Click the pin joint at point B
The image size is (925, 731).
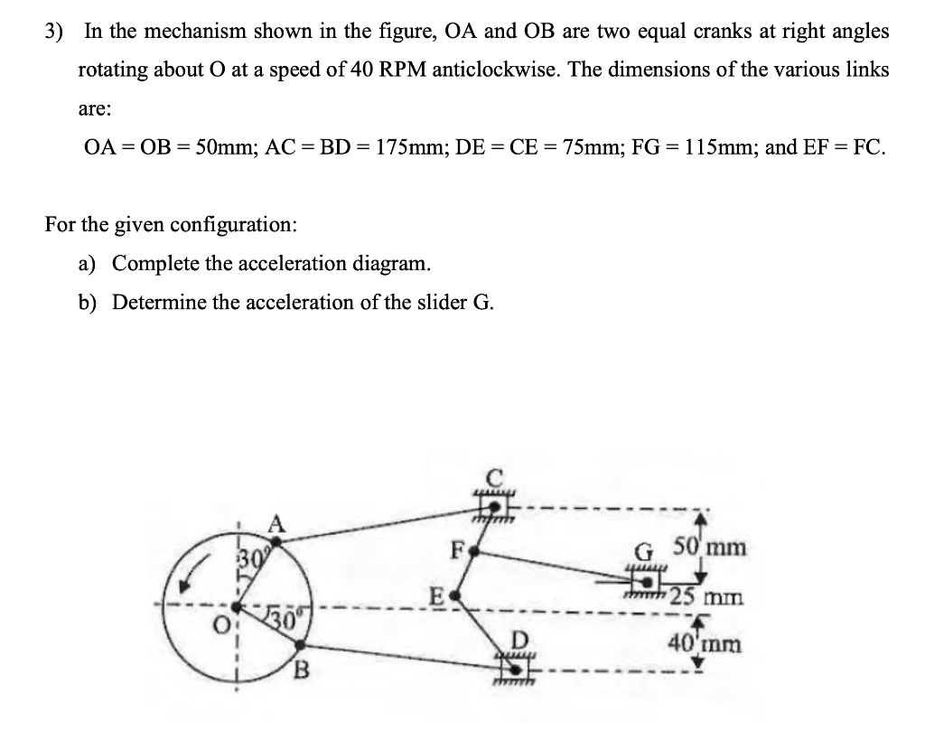coord(300,644)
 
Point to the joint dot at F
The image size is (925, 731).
coord(484,548)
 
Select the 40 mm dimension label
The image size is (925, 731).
coord(705,643)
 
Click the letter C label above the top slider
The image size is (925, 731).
coord(494,476)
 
